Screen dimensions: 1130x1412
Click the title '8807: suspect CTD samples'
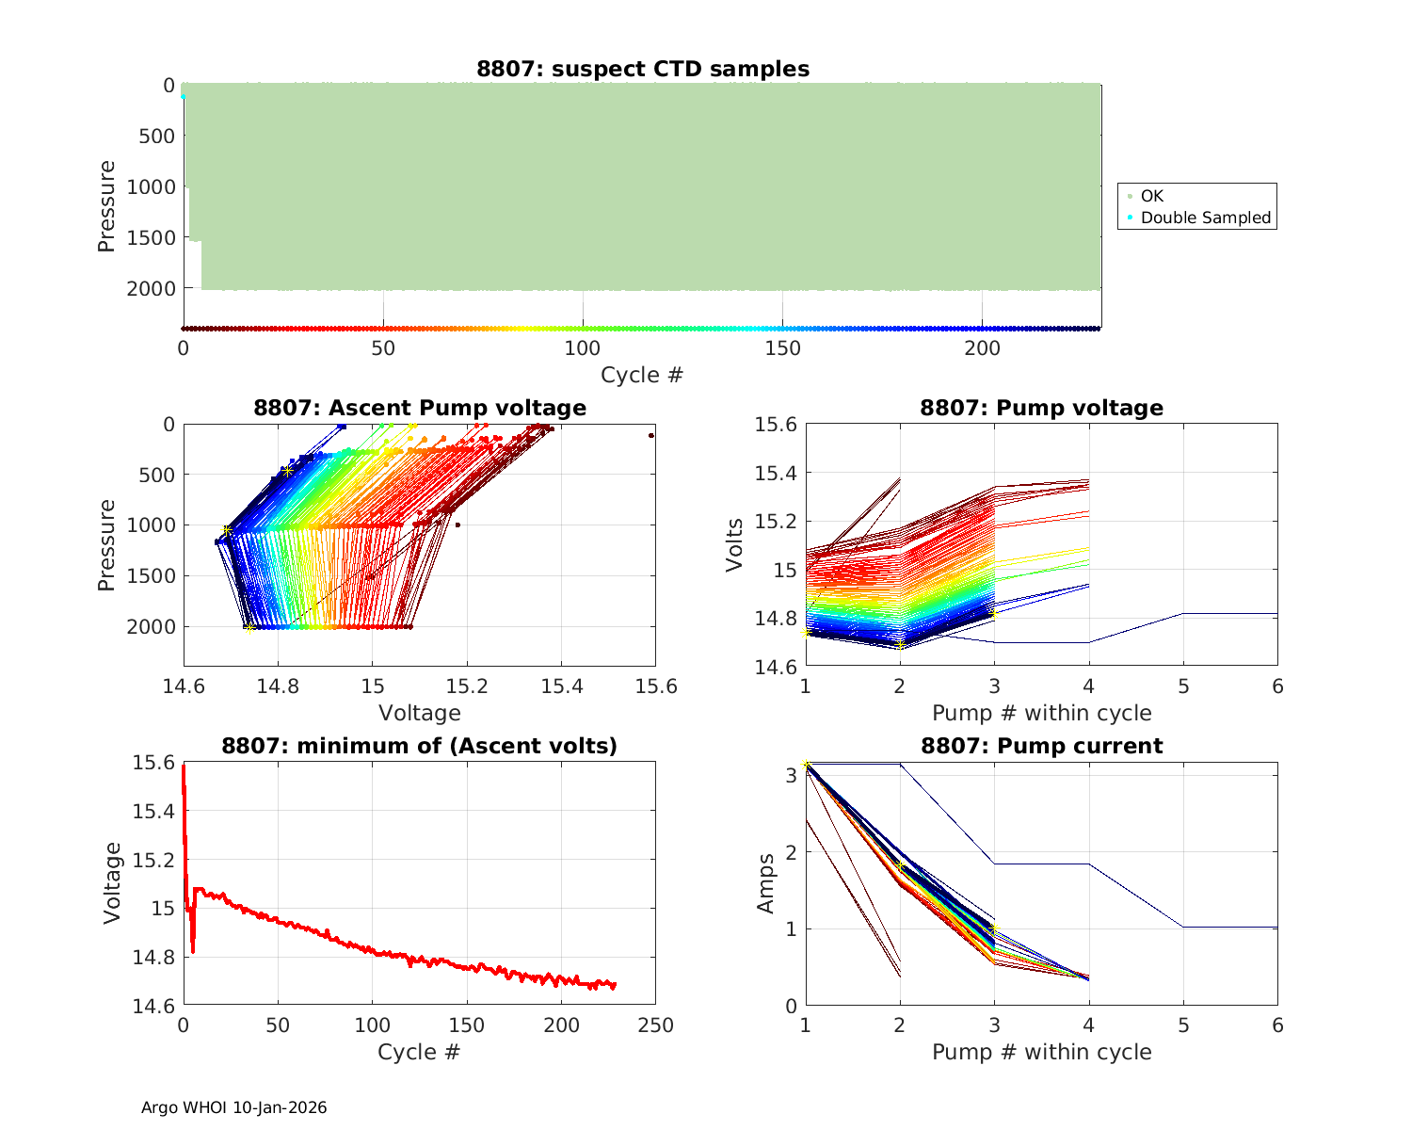tap(642, 69)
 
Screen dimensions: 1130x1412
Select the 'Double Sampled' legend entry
tap(1205, 218)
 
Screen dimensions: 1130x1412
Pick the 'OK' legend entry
tap(1151, 196)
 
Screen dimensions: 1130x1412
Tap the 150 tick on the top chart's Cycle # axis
tap(782, 348)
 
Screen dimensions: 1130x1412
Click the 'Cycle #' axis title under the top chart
tap(642, 375)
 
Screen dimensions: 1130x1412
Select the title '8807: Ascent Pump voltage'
tap(419, 408)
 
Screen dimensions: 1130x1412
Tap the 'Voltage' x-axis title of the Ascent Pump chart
tap(419, 713)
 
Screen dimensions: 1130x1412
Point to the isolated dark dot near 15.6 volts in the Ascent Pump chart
tap(650, 436)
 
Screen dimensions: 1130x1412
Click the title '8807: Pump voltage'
tap(1041, 408)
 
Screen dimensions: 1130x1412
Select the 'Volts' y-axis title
tap(734, 544)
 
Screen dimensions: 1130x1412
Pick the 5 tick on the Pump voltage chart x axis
tap(1183, 686)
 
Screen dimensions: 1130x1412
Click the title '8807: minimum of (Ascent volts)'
tap(419, 746)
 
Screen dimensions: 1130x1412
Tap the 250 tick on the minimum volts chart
tap(655, 1025)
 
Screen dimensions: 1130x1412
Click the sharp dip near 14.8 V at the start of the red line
tap(193, 951)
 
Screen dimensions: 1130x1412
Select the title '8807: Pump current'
tap(1041, 746)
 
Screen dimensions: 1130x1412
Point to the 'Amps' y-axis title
tap(765, 883)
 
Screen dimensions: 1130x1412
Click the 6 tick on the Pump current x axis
tap(1277, 1025)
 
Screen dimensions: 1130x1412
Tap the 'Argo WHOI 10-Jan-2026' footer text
tap(233, 1107)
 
